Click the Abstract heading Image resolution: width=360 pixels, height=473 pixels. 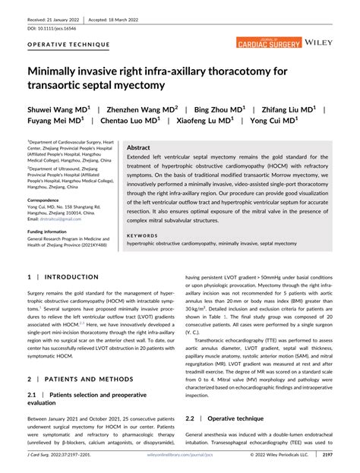click(139, 148)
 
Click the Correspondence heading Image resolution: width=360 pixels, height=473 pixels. click(48, 200)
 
